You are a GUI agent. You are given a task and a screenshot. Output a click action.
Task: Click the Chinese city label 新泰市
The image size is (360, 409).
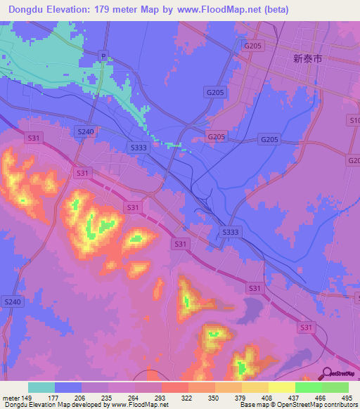(x=307, y=60)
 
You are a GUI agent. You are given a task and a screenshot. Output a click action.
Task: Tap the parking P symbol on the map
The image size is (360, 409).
(x=103, y=56)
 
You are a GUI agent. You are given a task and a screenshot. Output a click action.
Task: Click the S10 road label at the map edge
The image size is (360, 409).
(x=354, y=121)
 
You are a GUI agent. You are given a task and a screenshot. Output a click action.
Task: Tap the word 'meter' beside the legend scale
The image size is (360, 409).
(x=11, y=397)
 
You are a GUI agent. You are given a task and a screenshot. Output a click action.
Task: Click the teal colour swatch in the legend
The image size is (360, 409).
(x=41, y=387)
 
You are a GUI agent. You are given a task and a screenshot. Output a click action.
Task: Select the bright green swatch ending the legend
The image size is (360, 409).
(x=335, y=387)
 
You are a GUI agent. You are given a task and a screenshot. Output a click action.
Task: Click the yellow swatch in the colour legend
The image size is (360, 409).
(x=282, y=387)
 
